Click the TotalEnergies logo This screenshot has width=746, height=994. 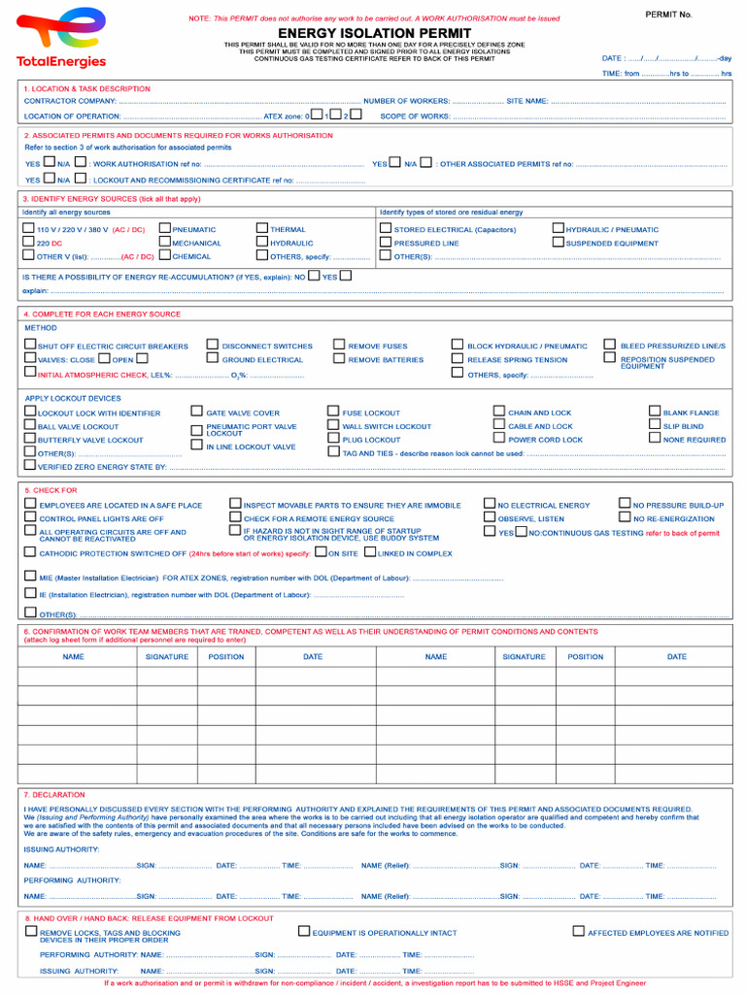click(x=60, y=38)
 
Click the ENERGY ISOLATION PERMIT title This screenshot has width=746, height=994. click(x=374, y=33)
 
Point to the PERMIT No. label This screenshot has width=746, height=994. click(x=668, y=15)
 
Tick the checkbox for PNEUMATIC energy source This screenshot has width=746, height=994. click(x=164, y=229)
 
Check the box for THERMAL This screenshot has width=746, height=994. click(x=262, y=229)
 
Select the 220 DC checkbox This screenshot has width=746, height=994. click(x=29, y=243)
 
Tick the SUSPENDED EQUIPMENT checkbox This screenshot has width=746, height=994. click(x=559, y=243)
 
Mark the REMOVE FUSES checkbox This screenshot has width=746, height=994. click(x=339, y=345)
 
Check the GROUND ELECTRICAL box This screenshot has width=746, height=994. click(x=213, y=358)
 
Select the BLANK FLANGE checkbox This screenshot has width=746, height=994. click(x=655, y=412)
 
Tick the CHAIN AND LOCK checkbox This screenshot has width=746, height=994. click(x=499, y=412)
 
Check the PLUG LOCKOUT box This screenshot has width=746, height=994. click(x=333, y=439)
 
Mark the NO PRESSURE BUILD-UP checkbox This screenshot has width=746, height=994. click(x=625, y=504)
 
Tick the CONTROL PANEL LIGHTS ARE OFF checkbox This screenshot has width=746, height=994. click(x=30, y=517)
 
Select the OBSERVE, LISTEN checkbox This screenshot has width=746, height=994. click(x=490, y=517)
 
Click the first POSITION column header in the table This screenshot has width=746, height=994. click(x=226, y=657)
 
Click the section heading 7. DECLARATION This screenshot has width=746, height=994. click(x=54, y=795)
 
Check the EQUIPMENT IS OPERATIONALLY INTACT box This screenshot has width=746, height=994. click(x=304, y=931)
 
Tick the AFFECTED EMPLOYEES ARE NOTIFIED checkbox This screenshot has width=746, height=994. click(x=578, y=931)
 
